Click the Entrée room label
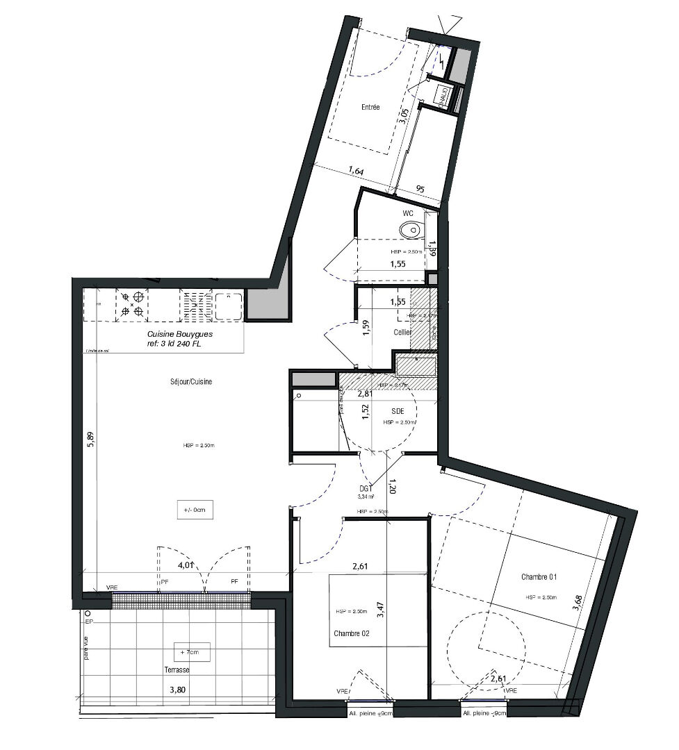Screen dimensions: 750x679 point(370,108)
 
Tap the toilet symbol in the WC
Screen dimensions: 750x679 point(411,229)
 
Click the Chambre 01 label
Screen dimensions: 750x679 point(539,577)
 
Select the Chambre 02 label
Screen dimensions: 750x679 point(352,633)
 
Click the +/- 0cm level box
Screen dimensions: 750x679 point(194,510)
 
